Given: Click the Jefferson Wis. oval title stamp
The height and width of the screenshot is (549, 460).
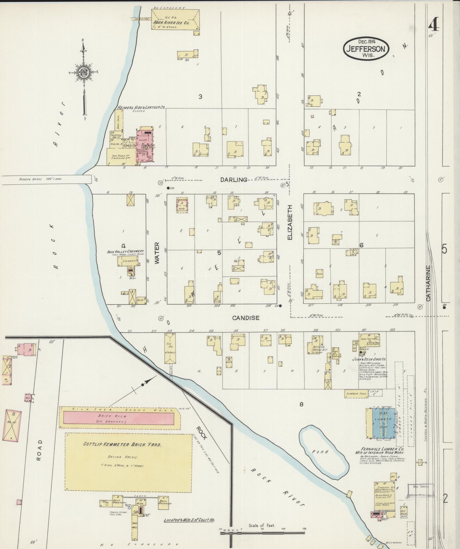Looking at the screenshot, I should [x=366, y=48].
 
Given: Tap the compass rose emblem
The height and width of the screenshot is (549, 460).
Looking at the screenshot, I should [x=84, y=72].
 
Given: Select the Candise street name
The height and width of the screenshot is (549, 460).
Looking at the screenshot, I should [x=246, y=318].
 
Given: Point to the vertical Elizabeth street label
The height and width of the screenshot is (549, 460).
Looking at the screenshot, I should [x=290, y=222].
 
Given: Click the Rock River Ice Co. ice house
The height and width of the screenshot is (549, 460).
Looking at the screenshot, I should [x=175, y=19].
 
